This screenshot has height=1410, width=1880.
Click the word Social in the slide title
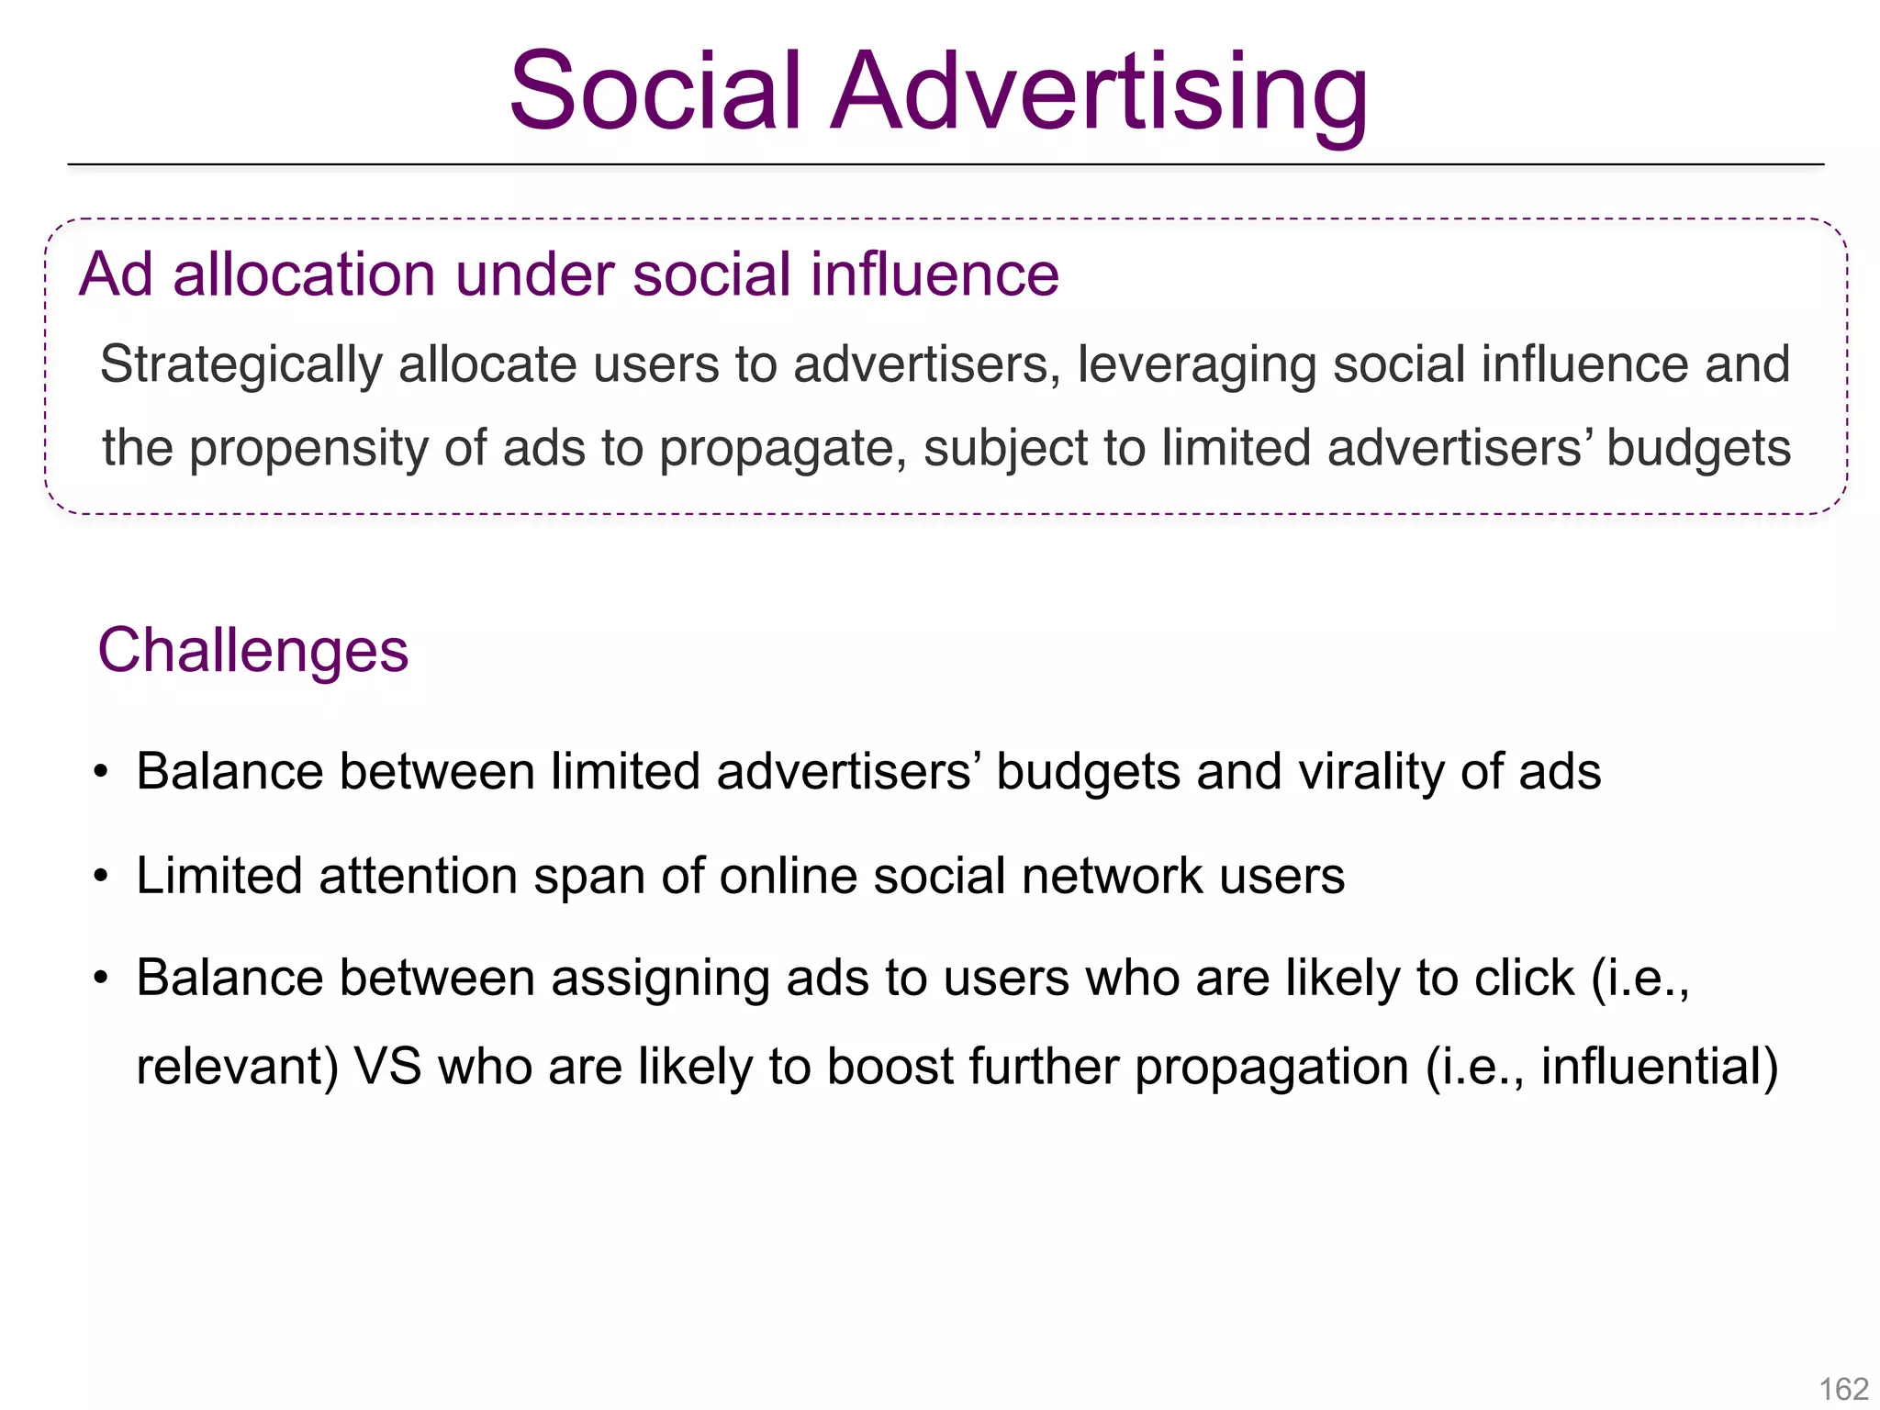pyautogui.click(x=655, y=92)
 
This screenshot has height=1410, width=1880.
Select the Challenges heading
pyautogui.click(x=252, y=651)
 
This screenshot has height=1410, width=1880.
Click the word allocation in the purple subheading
pyautogui.click(x=303, y=274)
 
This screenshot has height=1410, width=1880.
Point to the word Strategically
pyautogui.click(x=241, y=365)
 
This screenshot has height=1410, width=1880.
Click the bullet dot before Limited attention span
pyautogui.click(x=101, y=876)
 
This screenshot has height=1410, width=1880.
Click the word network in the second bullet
pyautogui.click(x=1112, y=876)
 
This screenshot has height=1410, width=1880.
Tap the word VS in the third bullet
pyautogui.click(x=388, y=1067)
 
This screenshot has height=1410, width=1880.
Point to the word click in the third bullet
pyautogui.click(x=1524, y=978)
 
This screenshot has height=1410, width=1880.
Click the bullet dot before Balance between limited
pyautogui.click(x=101, y=771)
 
